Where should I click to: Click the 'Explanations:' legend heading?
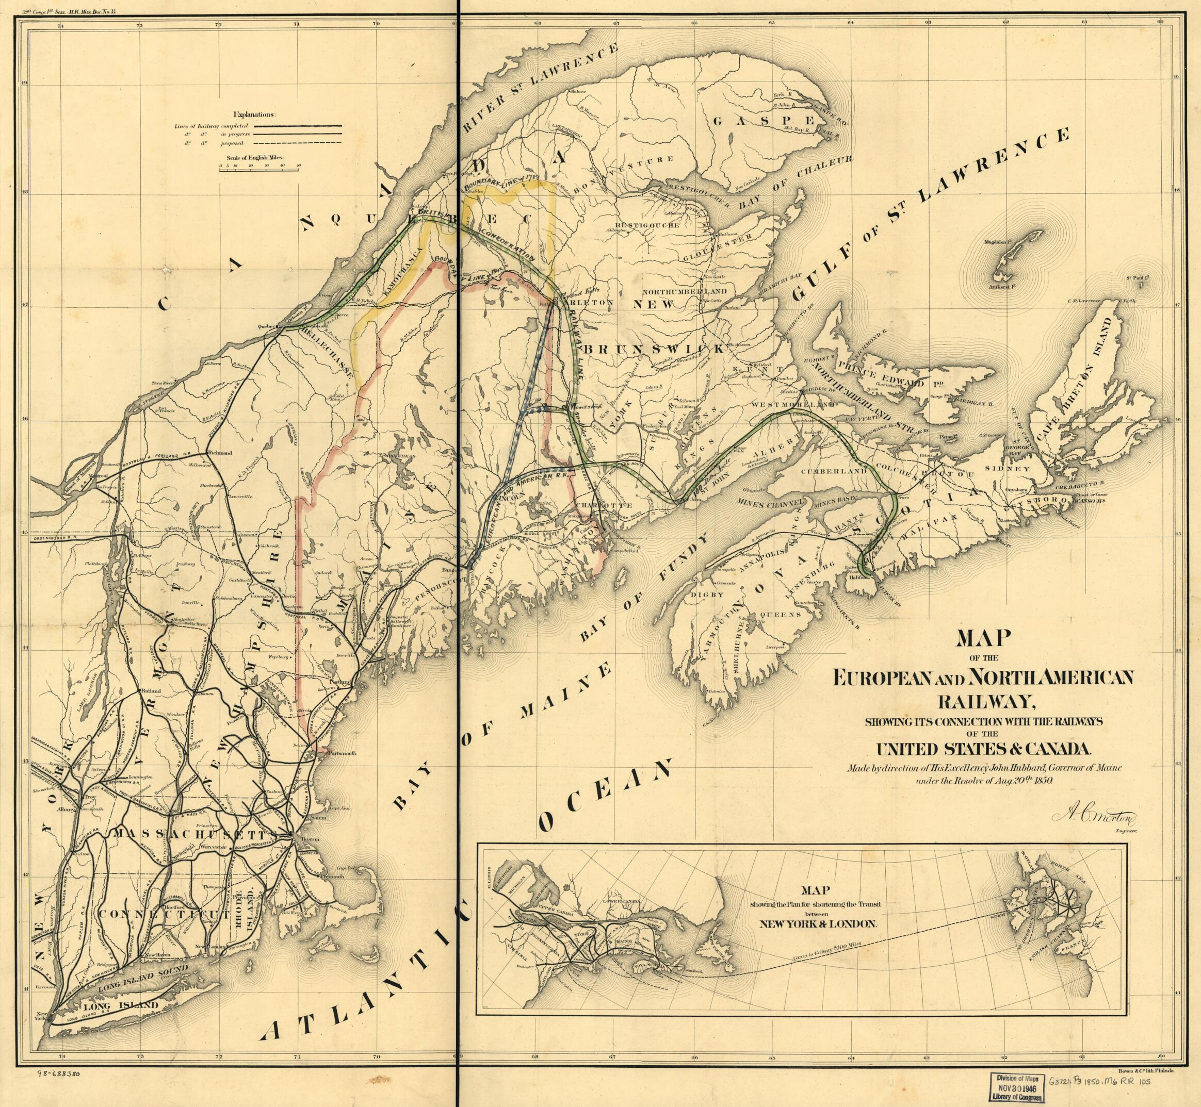click(x=255, y=114)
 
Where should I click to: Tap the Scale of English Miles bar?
click(x=258, y=170)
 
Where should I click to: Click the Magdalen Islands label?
click(x=996, y=243)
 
